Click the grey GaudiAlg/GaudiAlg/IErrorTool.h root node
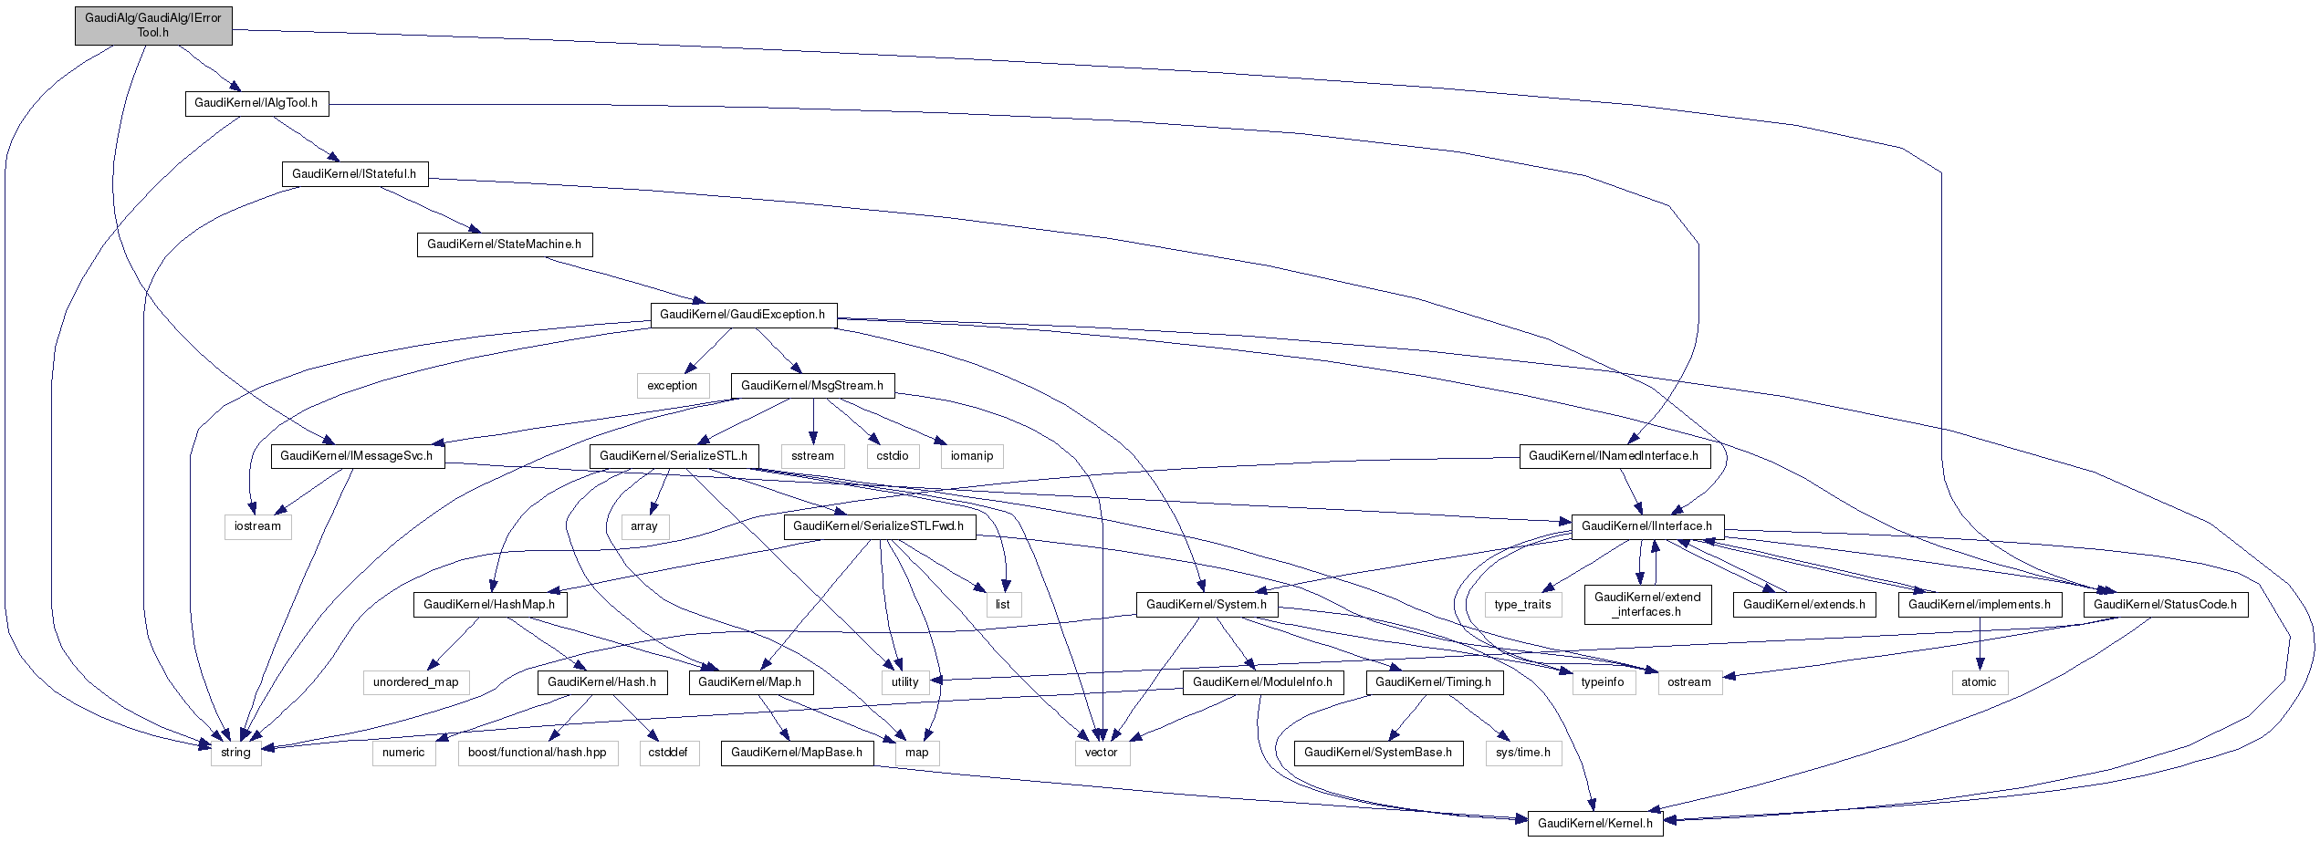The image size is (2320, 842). coord(153,26)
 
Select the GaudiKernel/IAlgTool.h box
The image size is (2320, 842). coord(256,103)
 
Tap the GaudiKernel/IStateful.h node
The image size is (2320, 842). coord(354,174)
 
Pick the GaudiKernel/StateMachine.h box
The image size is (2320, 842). coord(504,244)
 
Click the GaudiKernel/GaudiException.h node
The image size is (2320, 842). coord(742,315)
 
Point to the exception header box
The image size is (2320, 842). coord(673,386)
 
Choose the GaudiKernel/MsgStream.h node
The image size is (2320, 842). coord(812,386)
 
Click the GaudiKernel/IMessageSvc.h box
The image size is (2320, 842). coord(357,456)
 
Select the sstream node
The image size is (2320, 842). coord(813,456)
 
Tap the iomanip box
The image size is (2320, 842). coord(972,456)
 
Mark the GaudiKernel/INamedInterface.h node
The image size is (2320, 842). coord(1614,456)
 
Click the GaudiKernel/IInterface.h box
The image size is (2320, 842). coord(1646,526)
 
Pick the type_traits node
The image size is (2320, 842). coord(1523,605)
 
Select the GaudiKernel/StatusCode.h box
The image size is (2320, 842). coord(2165,605)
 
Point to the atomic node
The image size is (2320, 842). coord(1979,682)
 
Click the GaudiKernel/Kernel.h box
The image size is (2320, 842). coord(1595,824)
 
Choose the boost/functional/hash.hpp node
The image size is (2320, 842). coord(538,753)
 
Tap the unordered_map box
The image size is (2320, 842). coord(416,682)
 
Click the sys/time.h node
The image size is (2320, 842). coord(1523,753)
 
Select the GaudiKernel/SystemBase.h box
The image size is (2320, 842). coord(1378,753)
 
